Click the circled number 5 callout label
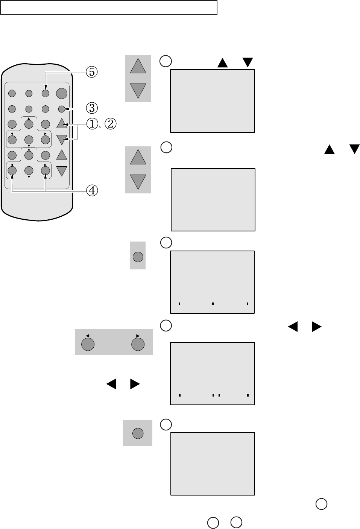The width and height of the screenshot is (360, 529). tap(91, 72)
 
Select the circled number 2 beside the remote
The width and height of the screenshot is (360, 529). tap(110, 124)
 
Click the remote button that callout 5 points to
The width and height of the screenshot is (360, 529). tap(46, 93)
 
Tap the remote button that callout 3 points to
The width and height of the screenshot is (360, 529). tap(62, 109)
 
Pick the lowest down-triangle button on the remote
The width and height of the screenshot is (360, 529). tap(62, 171)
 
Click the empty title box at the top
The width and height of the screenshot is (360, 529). tap(109, 8)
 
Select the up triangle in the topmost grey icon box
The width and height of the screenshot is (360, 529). tap(138, 67)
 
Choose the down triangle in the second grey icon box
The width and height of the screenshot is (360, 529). tap(138, 181)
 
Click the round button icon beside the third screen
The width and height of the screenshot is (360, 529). tap(138, 257)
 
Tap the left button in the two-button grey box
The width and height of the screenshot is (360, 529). tap(88, 344)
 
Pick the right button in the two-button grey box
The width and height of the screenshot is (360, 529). tap(138, 344)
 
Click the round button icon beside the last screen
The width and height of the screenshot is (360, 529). tap(138, 433)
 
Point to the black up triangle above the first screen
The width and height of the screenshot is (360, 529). tap(223, 62)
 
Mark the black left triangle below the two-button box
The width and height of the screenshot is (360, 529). tap(111, 384)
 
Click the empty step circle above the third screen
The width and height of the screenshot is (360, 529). tap(166, 243)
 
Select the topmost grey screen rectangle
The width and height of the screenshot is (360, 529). tap(213, 101)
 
